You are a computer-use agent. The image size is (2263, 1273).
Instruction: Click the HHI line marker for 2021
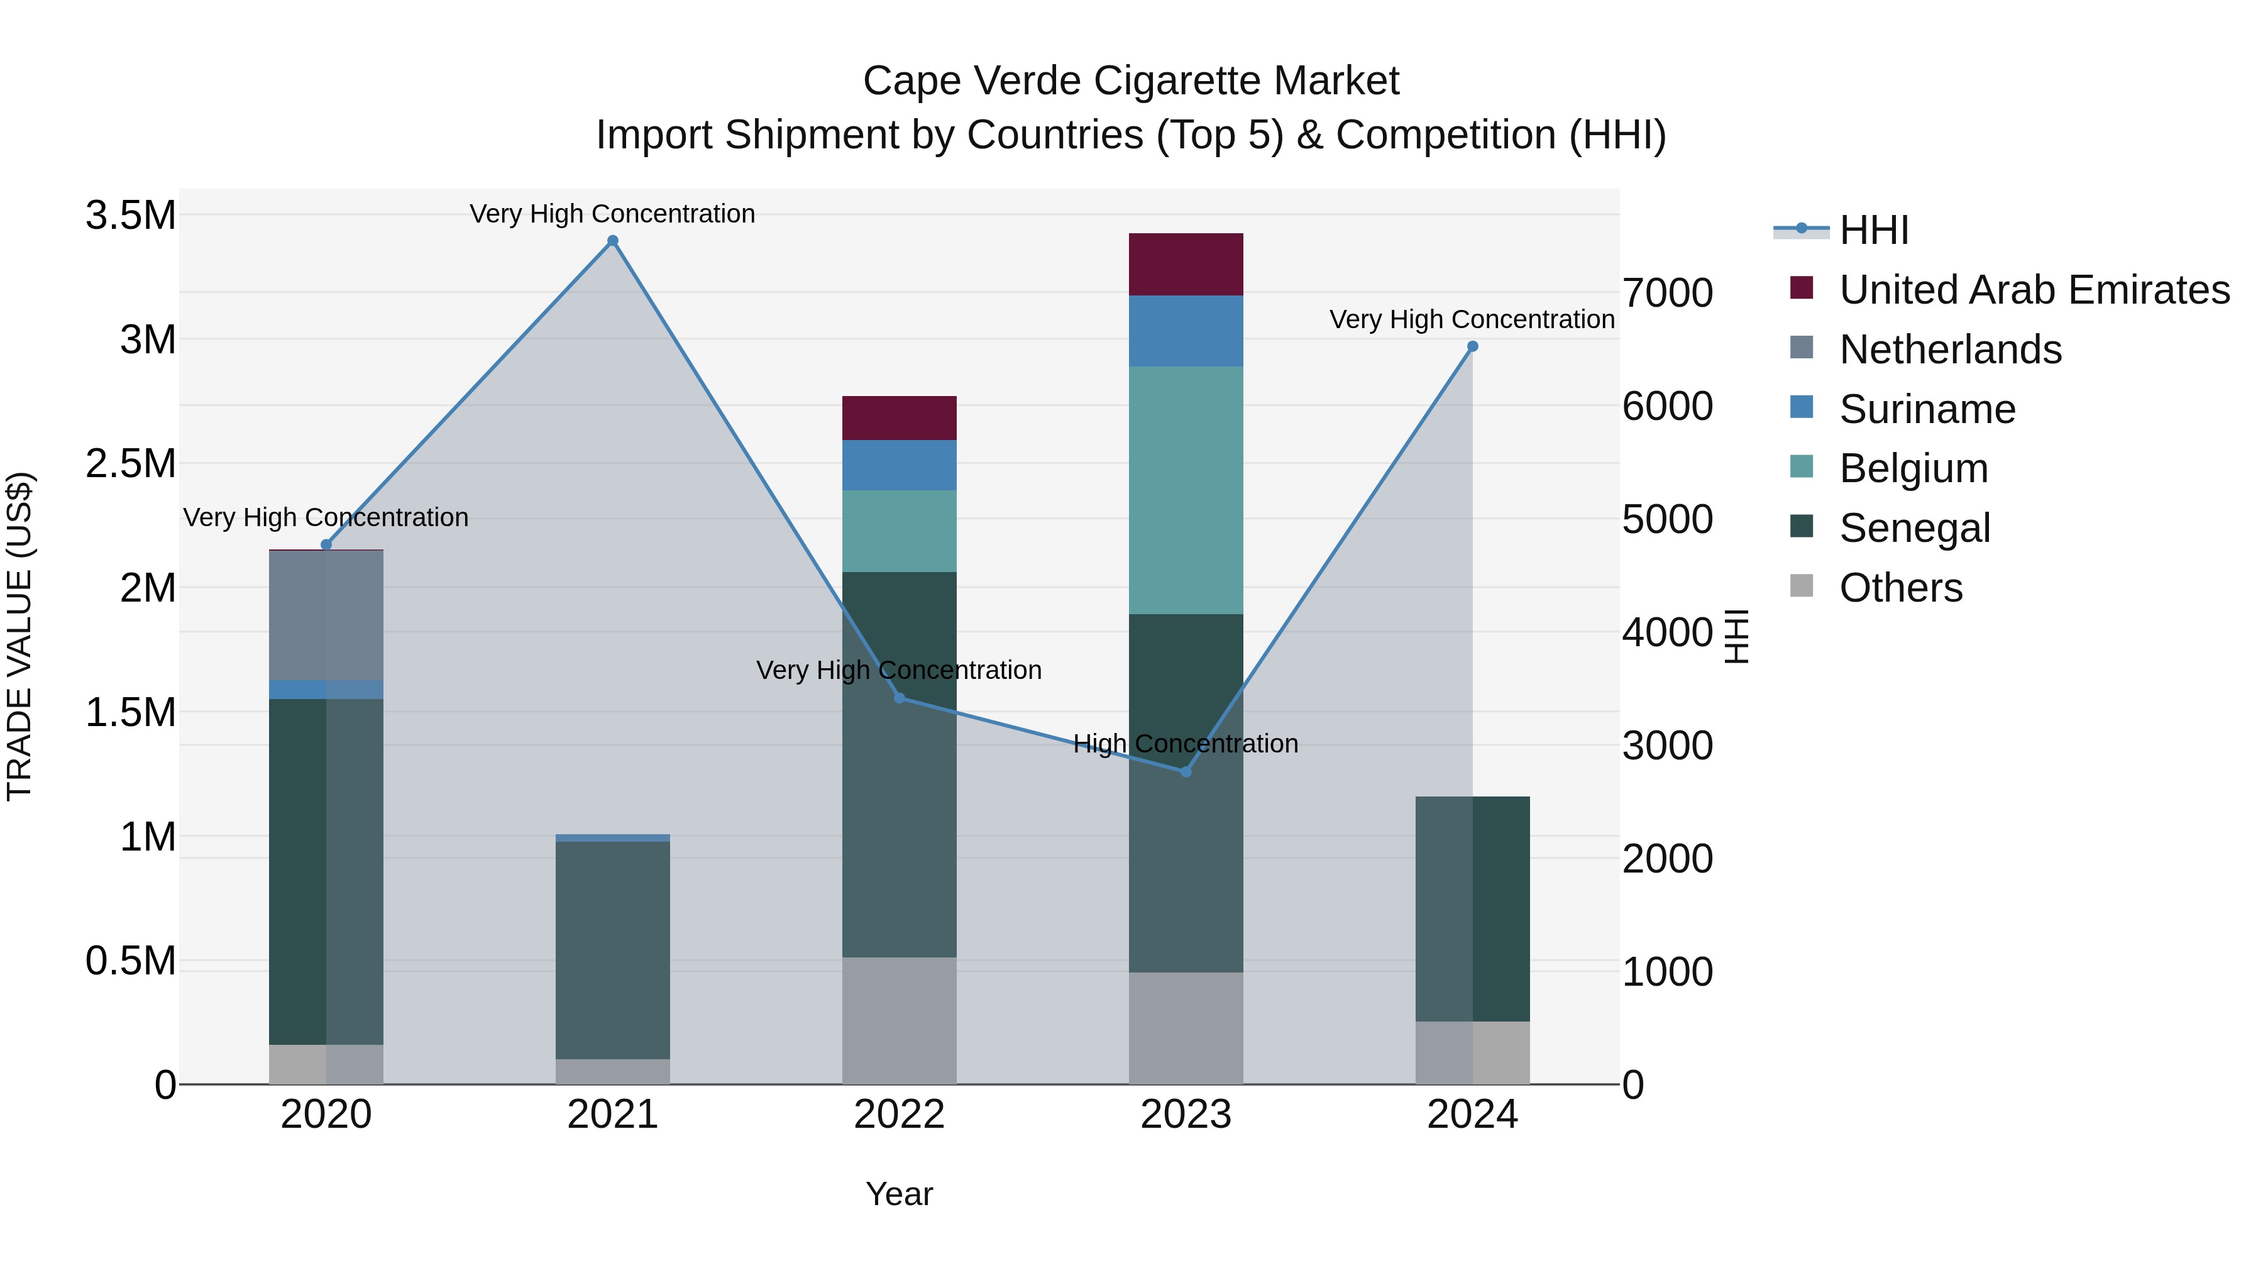tap(612, 241)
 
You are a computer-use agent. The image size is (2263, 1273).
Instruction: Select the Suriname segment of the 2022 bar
tap(899, 465)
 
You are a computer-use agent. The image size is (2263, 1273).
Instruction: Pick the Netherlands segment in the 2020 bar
tap(326, 615)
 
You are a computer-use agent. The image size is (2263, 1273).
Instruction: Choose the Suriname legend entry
tap(1927, 409)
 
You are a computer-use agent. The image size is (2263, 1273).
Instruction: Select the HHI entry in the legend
tap(1873, 230)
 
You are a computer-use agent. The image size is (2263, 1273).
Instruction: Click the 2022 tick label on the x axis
tap(899, 1115)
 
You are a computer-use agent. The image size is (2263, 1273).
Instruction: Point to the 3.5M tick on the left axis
tap(130, 215)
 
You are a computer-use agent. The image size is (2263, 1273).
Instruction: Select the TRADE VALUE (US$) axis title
tap(19, 636)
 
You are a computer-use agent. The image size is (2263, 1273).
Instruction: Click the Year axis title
tap(899, 1194)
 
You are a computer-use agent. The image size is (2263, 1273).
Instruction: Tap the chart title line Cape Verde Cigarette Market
tap(1131, 81)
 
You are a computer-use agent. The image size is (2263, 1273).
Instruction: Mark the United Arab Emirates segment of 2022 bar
tap(899, 418)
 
